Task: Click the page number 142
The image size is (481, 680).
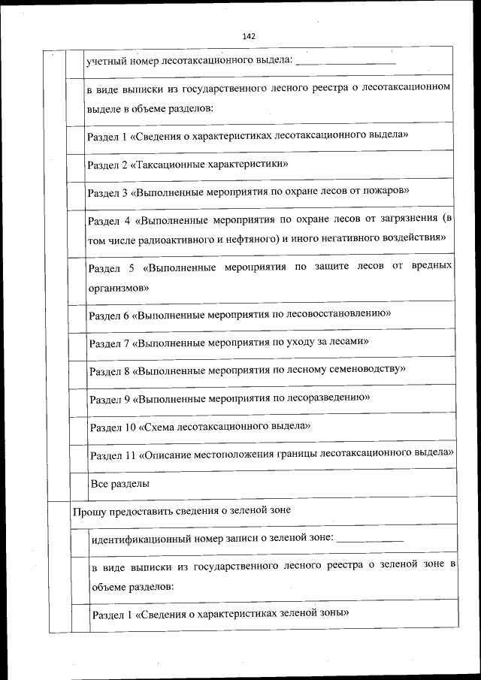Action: pyautogui.click(x=250, y=36)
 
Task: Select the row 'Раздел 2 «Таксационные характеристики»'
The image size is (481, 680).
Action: pyautogui.click(x=188, y=164)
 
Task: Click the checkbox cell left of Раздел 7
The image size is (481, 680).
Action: pyautogui.click(x=75, y=343)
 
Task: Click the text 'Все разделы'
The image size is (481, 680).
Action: pyautogui.click(x=119, y=483)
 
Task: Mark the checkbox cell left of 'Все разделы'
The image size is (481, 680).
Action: pyautogui.click(x=76, y=483)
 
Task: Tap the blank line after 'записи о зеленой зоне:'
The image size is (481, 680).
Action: pyautogui.click(x=373, y=539)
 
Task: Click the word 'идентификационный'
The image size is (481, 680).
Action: pyautogui.click(x=137, y=539)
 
